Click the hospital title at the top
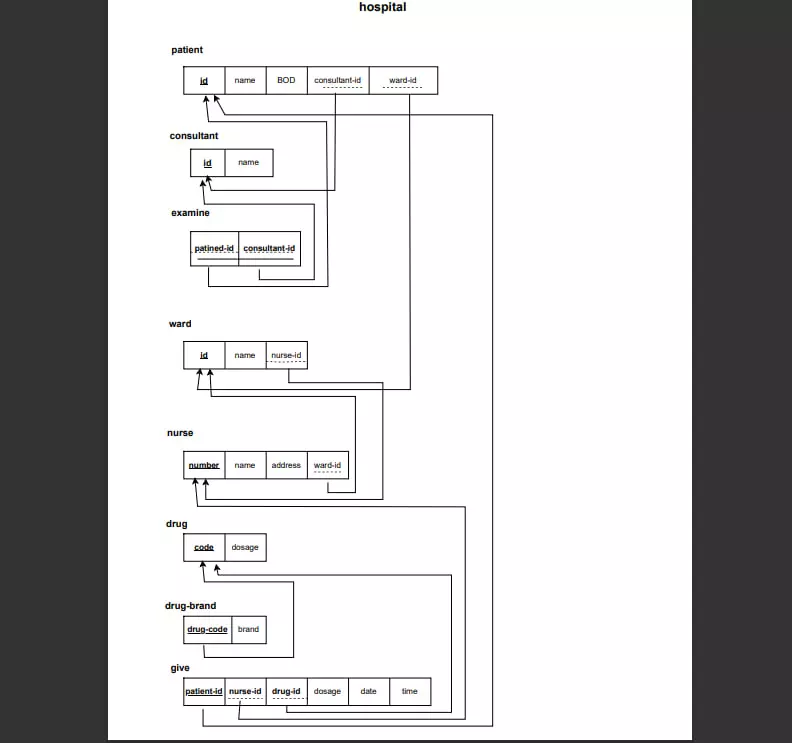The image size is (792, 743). (x=383, y=8)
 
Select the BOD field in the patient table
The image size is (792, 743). (x=286, y=80)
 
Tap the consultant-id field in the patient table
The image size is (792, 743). (x=337, y=80)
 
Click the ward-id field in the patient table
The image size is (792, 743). (x=403, y=80)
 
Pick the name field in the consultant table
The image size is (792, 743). (x=248, y=162)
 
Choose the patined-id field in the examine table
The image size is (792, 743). (x=214, y=248)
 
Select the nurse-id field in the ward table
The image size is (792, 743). (x=286, y=355)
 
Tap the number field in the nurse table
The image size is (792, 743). (x=204, y=465)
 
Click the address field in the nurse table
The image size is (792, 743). (x=286, y=465)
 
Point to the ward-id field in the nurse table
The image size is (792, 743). (x=328, y=465)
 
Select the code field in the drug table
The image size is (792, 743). (x=204, y=547)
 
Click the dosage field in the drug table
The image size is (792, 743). (x=245, y=547)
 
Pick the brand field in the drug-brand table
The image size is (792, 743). (x=248, y=629)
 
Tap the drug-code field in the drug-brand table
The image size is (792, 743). (x=208, y=629)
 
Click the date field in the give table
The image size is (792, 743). (x=368, y=691)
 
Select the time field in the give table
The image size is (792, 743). (x=410, y=691)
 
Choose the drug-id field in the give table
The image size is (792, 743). (x=286, y=691)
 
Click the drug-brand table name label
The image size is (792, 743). (x=190, y=606)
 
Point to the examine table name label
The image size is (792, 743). (x=190, y=213)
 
